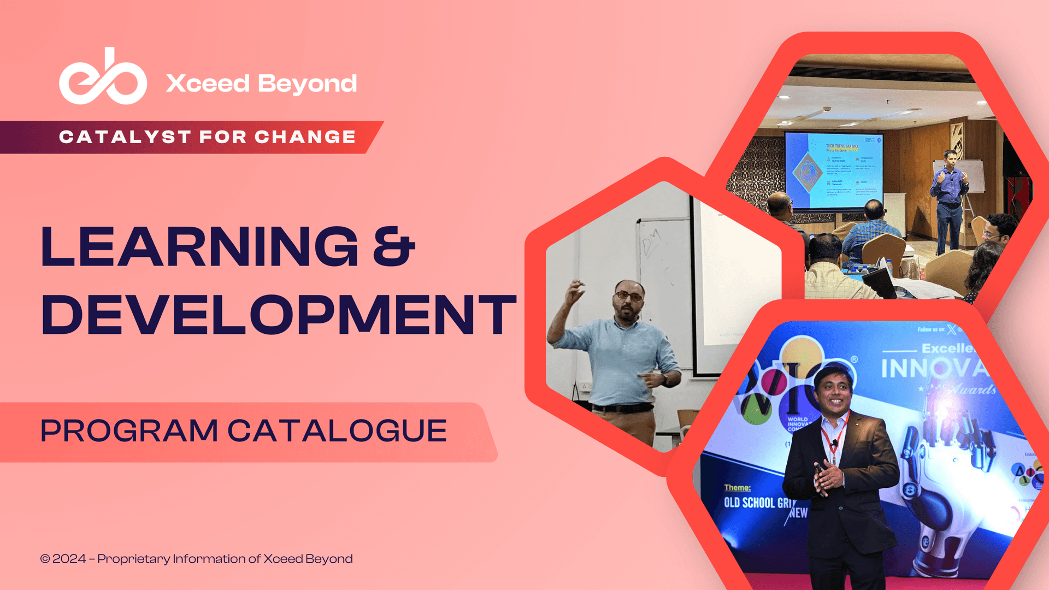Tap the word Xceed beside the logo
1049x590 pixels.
(x=208, y=84)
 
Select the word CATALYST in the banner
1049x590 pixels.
(x=125, y=137)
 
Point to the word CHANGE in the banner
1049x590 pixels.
(x=305, y=137)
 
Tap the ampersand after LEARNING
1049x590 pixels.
(x=394, y=247)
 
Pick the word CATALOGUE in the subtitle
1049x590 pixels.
(x=337, y=430)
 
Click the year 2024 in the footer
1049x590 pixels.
(x=69, y=559)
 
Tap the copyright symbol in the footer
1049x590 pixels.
(x=45, y=559)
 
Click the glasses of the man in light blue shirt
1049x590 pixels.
(x=629, y=296)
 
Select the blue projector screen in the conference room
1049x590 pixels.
(x=833, y=171)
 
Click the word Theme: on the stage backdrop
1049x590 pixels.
(x=737, y=487)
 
